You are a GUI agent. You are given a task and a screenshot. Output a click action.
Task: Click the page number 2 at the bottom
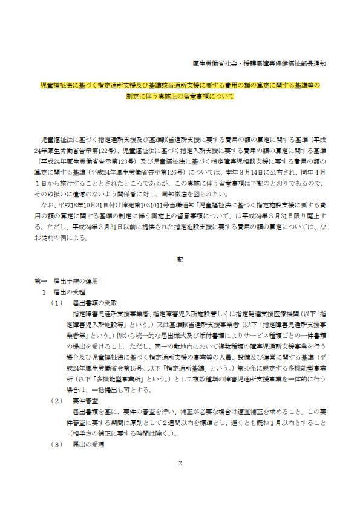pos(180,481)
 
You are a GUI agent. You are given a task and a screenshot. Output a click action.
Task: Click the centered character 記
pos(180,259)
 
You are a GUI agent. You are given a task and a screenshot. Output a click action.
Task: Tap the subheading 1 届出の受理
pos(65,291)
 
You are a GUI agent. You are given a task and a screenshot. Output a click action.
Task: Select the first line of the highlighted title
pos(180,85)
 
